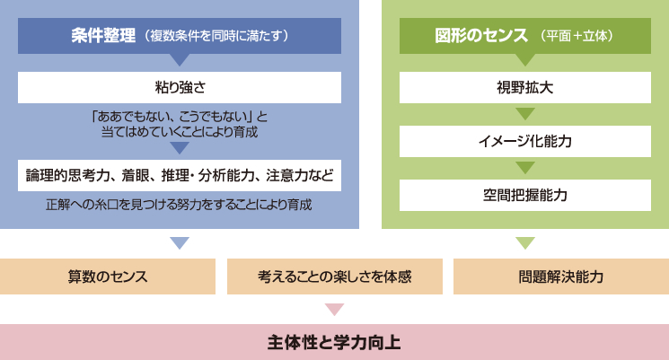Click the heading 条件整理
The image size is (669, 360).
pos(103,35)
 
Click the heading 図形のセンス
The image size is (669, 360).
pos(481,35)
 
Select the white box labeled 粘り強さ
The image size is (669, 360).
pos(180,87)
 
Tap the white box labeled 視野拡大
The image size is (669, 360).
pos(524,87)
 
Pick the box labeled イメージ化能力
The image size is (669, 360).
pos(524,141)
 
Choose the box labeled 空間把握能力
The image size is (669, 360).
pos(524,196)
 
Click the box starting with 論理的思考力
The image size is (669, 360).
pos(180,175)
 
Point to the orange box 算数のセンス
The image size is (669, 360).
pos(108,277)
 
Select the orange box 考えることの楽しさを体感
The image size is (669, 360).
pos(334,277)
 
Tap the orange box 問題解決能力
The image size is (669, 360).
pos(561,277)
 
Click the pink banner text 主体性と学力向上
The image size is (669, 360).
pos(334,343)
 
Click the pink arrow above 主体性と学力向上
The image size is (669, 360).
pos(334,309)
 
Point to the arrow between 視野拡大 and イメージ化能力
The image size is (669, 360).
pos(525,113)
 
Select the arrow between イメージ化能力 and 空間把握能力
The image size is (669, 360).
pos(525,167)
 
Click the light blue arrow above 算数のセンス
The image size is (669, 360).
pos(180,242)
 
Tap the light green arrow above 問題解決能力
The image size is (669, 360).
pos(525,242)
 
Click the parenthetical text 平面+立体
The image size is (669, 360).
pos(577,36)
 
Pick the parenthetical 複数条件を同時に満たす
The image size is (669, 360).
pos(216,36)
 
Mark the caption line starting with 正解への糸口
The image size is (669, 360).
pos(179,205)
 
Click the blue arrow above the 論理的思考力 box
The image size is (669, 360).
pos(180,147)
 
